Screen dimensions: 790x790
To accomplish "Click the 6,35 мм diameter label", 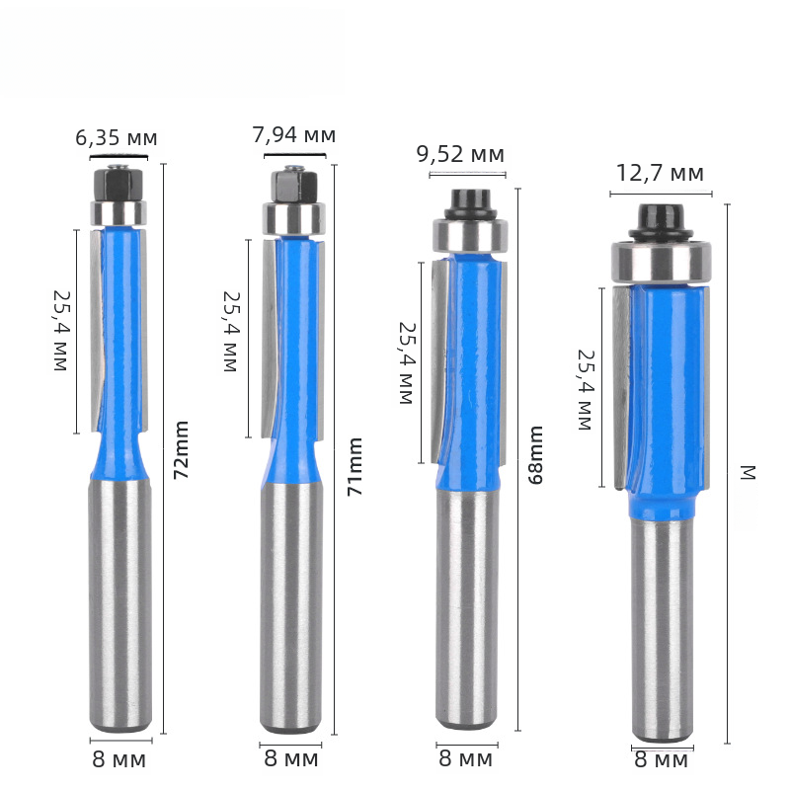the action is [117, 137].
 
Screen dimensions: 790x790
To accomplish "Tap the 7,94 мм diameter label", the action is [293, 134].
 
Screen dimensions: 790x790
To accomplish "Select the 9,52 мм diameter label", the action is [460, 154].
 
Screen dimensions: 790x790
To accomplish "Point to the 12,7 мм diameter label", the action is [660, 173].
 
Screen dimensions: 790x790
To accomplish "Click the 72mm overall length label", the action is [181, 450].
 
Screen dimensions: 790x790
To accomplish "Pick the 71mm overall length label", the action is [355, 466].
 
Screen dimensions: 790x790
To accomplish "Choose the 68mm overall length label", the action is [535, 455].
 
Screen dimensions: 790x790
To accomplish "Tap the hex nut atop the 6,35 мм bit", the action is [118, 184].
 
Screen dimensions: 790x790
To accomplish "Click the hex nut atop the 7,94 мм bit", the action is [293, 186].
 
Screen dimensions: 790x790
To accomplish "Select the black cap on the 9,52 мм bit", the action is [471, 204].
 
